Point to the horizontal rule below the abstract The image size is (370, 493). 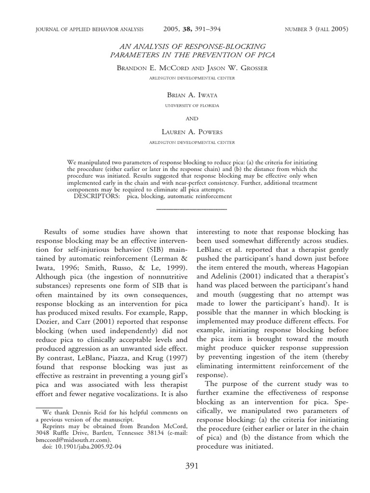click(x=192, y=209)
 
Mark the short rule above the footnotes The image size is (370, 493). click(x=50, y=407)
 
